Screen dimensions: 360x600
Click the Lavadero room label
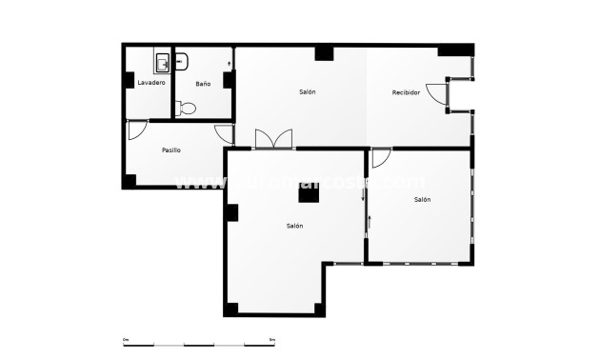(x=151, y=83)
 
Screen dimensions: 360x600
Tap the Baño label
(x=203, y=84)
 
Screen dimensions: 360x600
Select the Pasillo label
(x=171, y=150)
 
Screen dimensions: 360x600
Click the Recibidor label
(x=406, y=92)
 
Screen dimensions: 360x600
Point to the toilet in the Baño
(x=185, y=109)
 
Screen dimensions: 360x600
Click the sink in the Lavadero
(x=162, y=64)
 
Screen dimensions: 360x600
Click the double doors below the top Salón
(x=274, y=139)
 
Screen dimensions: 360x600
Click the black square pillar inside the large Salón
(x=308, y=195)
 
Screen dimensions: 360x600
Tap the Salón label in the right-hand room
(x=422, y=200)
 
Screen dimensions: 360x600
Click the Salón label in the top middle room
(x=307, y=91)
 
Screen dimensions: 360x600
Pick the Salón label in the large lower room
(x=294, y=227)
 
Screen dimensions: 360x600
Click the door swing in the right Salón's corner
(x=380, y=158)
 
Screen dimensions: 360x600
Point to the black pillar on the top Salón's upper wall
(x=324, y=53)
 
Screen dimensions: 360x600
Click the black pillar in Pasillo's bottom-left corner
(x=130, y=180)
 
